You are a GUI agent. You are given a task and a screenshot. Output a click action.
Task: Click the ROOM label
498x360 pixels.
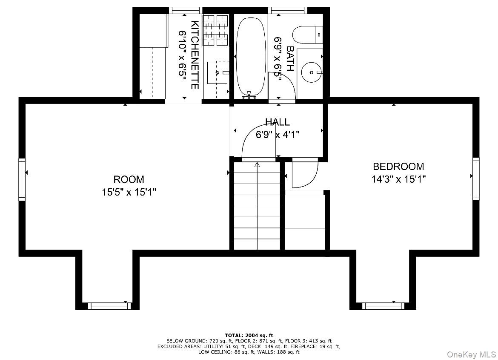tap(129, 179)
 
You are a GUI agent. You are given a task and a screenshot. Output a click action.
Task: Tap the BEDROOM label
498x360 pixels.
tap(398, 166)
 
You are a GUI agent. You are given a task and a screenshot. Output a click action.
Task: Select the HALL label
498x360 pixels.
tap(278, 122)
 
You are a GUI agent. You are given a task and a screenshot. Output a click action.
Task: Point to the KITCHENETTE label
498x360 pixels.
tap(195, 55)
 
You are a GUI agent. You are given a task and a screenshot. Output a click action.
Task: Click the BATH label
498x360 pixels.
tap(290, 58)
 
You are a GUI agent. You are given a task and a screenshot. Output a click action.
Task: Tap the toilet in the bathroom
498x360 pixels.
tap(307, 35)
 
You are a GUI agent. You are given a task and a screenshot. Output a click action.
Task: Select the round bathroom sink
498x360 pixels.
tap(312, 72)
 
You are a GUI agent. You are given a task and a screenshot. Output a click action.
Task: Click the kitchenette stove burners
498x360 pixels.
tap(216, 30)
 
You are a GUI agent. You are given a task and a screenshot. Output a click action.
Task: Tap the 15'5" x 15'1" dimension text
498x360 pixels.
tap(129, 192)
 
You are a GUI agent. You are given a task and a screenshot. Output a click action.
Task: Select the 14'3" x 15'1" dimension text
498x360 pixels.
tap(398, 179)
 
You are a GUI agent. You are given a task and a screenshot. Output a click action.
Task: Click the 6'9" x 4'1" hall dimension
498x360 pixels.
tap(278, 135)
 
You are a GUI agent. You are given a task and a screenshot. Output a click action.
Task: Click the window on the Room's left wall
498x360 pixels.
tap(22, 179)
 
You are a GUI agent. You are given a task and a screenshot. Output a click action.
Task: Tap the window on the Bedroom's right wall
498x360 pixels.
tap(476, 179)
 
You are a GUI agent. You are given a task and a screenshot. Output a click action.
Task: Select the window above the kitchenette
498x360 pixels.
tap(186, 11)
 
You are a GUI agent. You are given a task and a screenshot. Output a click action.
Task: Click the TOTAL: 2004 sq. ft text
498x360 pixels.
tap(249, 335)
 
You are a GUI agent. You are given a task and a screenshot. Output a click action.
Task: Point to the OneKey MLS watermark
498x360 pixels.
tap(471, 354)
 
